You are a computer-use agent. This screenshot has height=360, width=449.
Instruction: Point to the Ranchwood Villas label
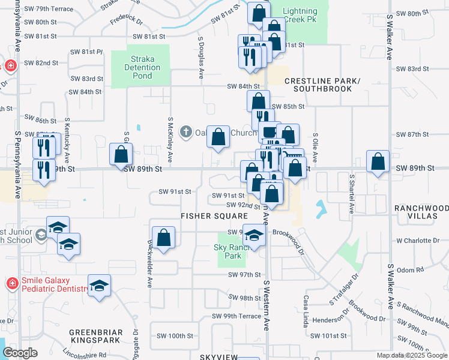pyautogui.click(x=421, y=212)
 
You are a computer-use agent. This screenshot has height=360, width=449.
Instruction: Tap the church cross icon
pyautogui.click(x=186, y=131)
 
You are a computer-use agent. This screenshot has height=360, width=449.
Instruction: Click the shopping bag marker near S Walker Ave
pyautogui.click(x=378, y=162)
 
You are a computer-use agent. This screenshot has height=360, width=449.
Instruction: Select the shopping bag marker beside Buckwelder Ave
pyautogui.click(x=163, y=238)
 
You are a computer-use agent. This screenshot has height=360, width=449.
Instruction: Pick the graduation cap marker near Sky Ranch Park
pyautogui.click(x=255, y=235)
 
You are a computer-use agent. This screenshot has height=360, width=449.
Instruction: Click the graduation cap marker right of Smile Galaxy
pyautogui.click(x=100, y=286)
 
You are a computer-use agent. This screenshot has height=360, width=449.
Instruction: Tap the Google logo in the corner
pyautogui.click(x=20, y=353)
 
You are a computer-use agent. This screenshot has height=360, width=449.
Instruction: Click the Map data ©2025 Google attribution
pyautogui.click(x=411, y=355)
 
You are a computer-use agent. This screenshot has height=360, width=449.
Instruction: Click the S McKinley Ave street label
pyautogui.click(x=170, y=139)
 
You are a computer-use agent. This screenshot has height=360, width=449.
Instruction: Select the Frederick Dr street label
pyautogui.click(x=127, y=20)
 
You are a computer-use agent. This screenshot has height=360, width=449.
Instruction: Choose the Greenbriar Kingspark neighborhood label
pyautogui.click(x=96, y=336)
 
